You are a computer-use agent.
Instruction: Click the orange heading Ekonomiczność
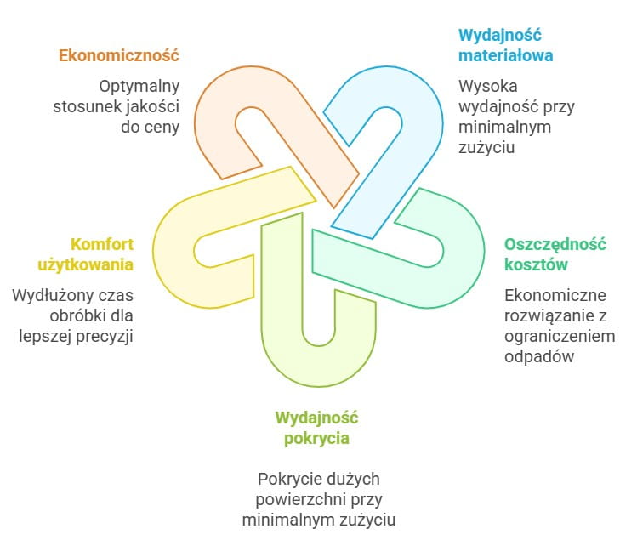[x=118, y=56]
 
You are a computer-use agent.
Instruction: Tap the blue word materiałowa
[x=505, y=56]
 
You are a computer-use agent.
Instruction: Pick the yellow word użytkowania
[x=85, y=264]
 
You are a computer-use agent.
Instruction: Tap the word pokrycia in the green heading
[x=317, y=439]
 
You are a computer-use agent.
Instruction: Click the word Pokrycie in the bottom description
[x=288, y=478]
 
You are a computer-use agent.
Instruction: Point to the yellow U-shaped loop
[x=174, y=247]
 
